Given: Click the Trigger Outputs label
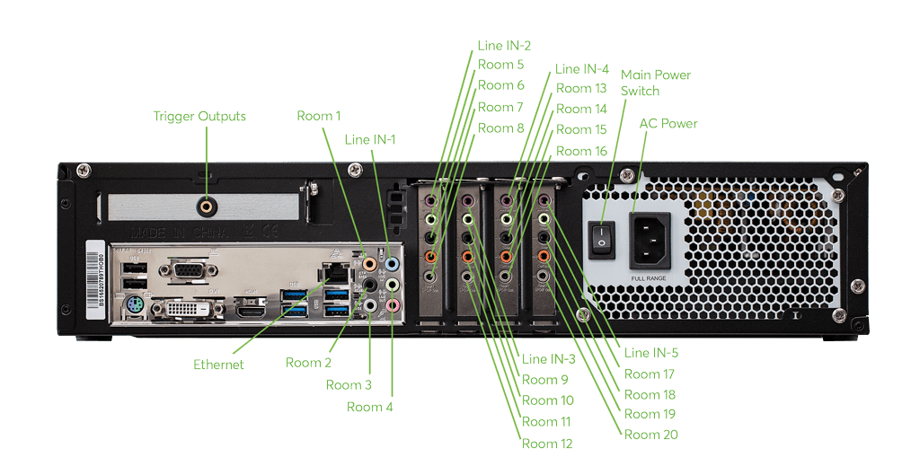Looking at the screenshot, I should point(199,116).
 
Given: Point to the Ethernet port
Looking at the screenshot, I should point(336,273).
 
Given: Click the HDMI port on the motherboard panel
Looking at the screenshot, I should point(253,310).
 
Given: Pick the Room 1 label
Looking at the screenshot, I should point(319,116).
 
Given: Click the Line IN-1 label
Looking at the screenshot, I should point(370,139).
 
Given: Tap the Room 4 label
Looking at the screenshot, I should point(370,407).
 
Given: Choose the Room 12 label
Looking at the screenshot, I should point(546,443).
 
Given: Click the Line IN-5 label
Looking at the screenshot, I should point(651,353).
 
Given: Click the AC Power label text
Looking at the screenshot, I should point(668,123).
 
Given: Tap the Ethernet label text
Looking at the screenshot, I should point(218,365).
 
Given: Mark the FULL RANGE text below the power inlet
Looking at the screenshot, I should point(649,278).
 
